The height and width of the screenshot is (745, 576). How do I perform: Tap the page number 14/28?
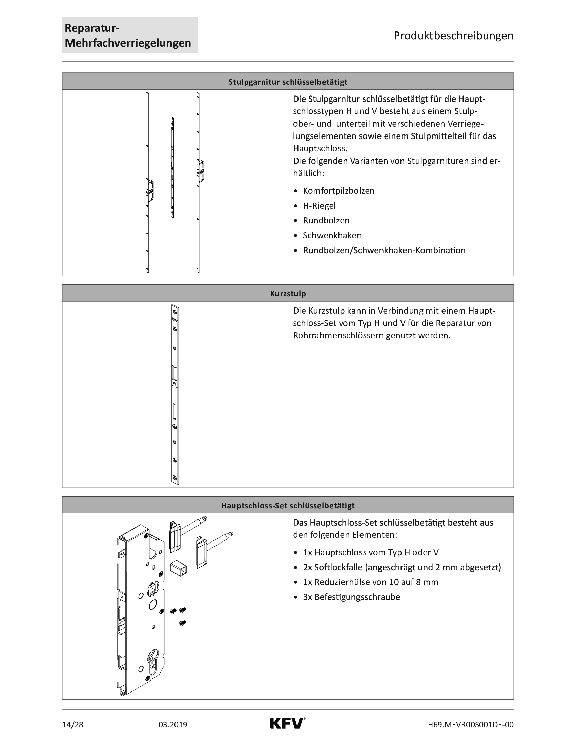(73, 725)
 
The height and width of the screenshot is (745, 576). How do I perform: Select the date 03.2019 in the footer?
(173, 725)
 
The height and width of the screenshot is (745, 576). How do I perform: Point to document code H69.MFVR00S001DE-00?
(471, 725)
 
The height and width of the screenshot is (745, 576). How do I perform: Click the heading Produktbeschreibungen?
(453, 36)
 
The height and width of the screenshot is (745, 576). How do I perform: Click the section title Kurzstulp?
(288, 293)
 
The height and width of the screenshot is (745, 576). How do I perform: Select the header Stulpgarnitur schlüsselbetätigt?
(288, 82)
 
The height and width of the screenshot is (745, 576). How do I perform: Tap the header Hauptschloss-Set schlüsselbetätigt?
(288, 505)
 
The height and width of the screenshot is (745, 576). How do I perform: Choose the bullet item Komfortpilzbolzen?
(338, 191)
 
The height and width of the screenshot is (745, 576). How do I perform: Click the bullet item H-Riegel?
(319, 206)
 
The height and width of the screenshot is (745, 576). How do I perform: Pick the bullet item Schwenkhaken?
(332, 235)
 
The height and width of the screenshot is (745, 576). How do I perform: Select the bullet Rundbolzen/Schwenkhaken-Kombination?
(384, 250)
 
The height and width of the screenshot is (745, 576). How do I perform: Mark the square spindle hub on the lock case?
(152, 589)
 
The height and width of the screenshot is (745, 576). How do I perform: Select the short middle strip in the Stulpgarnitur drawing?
(173, 168)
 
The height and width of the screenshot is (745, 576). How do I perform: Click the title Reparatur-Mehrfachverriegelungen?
(128, 36)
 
